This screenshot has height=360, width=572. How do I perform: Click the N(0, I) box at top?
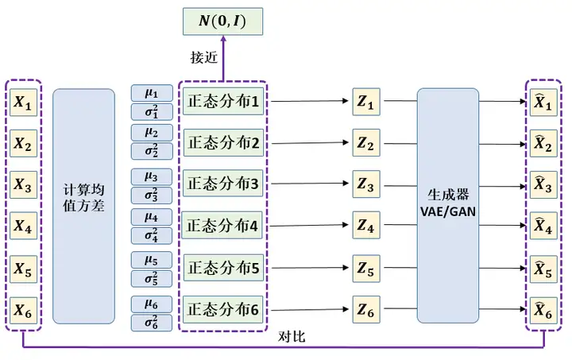(222, 21)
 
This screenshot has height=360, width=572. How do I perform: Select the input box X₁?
(22, 102)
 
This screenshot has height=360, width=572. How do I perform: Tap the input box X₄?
(22, 227)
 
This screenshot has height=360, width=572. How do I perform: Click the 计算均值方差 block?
(84, 205)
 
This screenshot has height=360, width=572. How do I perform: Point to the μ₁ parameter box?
(151, 93)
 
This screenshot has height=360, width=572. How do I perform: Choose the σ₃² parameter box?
(151, 195)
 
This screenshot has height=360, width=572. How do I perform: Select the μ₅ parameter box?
(151, 260)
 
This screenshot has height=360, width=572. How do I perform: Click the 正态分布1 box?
(223, 102)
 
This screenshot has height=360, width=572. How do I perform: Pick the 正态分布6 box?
(223, 309)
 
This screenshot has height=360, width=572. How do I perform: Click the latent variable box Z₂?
(365, 144)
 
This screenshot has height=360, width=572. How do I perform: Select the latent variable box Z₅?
(365, 268)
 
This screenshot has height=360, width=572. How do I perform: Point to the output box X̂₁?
(543, 102)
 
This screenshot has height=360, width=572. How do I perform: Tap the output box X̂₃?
(543, 186)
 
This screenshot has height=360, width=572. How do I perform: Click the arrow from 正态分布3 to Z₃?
(310, 185)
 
